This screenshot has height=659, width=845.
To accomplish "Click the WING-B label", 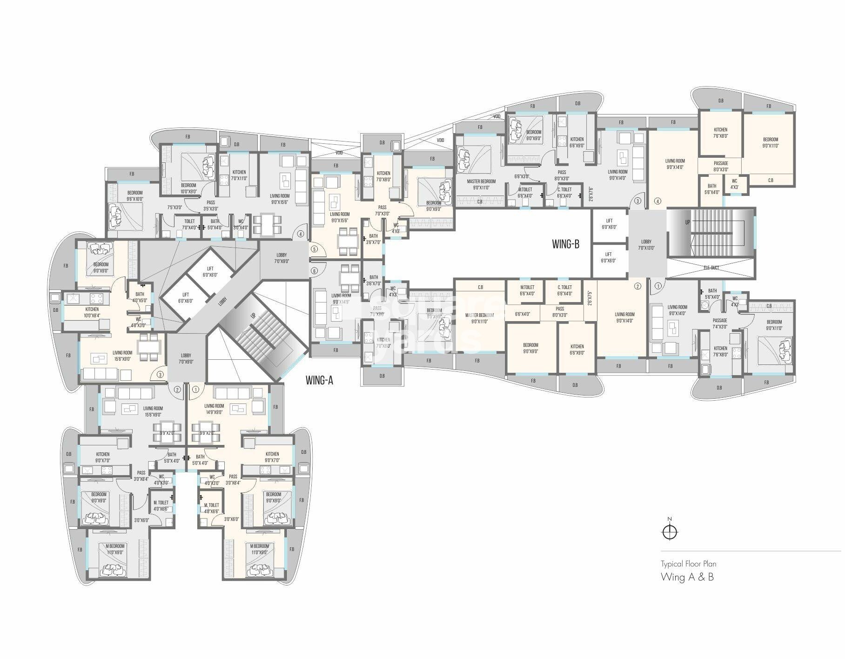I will (x=565, y=244).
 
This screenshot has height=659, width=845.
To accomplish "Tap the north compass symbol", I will (x=670, y=531).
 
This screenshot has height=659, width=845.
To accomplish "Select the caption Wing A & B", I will (x=687, y=577).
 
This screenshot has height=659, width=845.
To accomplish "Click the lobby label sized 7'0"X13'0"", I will (x=646, y=245).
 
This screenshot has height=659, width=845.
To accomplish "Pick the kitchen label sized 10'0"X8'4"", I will (x=92, y=312).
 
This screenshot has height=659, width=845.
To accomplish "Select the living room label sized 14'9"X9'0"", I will (x=214, y=409).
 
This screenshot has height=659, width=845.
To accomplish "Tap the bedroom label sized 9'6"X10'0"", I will (x=135, y=195).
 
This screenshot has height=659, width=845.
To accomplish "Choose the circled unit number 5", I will (x=314, y=249).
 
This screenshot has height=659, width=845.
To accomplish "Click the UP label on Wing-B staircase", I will (x=687, y=223).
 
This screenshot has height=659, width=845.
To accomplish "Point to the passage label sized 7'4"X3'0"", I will (x=720, y=323).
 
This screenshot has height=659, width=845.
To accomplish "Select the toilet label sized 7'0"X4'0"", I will (x=189, y=224).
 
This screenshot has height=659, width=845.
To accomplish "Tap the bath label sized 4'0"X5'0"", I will (x=140, y=297).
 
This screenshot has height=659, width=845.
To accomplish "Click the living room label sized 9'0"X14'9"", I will (x=341, y=298).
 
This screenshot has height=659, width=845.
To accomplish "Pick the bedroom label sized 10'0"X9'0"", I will (x=188, y=188).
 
